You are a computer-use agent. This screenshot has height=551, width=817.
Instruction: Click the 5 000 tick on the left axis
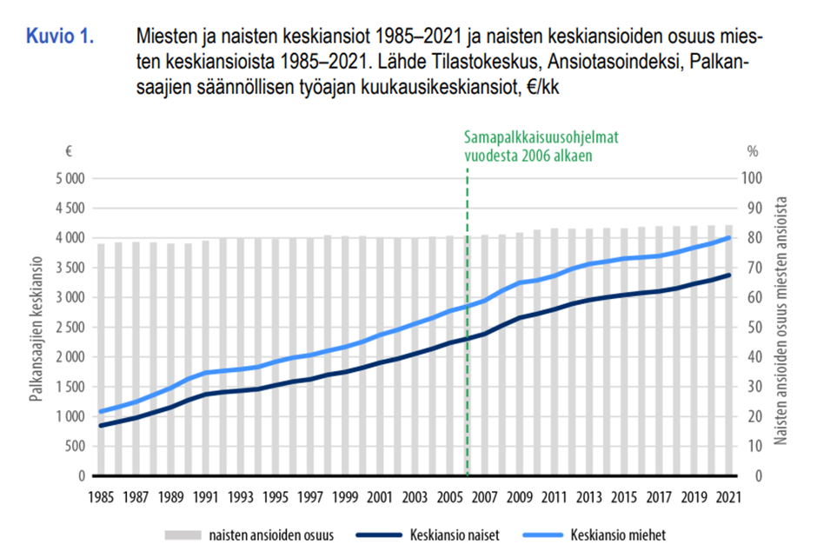(64, 178)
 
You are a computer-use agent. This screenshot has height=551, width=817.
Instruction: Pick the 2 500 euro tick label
(64, 327)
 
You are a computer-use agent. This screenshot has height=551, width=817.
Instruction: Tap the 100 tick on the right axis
(752, 178)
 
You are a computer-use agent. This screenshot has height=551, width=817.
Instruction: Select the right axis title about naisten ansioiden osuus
(780, 322)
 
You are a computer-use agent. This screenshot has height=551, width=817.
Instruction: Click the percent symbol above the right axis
(753, 150)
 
